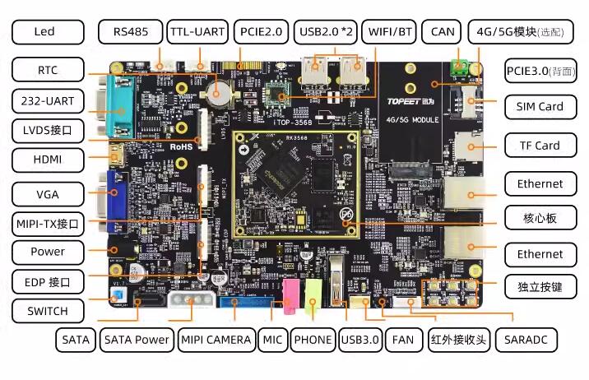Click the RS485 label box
[130, 32]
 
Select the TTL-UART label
[197, 32]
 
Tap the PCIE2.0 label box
[260, 32]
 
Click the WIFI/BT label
[391, 32]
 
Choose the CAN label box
[443, 32]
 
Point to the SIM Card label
[540, 106]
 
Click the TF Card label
[540, 146]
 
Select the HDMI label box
[48, 159]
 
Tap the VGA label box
[48, 195]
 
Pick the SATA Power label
[137, 339]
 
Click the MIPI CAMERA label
[216, 339]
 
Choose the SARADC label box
[527, 339]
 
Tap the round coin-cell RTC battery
[219, 92]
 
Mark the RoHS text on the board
[180, 146]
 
